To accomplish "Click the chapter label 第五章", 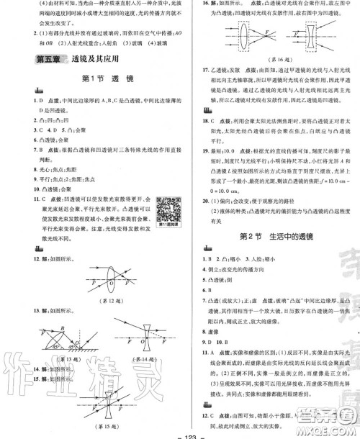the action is tap(50, 60).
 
